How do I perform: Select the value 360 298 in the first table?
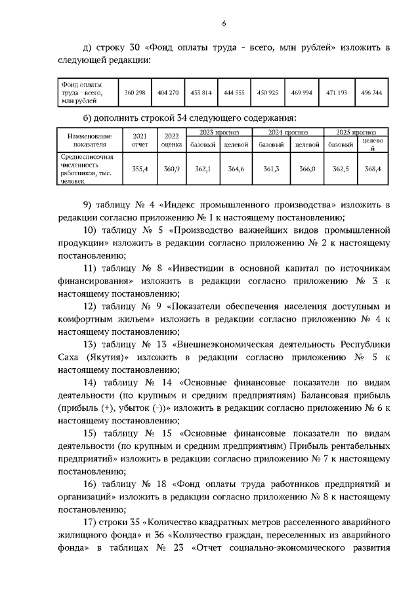point(135,93)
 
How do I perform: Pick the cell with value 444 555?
point(234,93)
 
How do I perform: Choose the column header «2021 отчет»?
point(140,140)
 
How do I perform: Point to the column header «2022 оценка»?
point(171,140)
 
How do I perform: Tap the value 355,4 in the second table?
point(140,169)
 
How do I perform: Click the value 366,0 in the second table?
point(307,169)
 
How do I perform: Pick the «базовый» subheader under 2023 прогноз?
point(201,144)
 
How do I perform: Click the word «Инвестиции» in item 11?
point(200,270)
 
